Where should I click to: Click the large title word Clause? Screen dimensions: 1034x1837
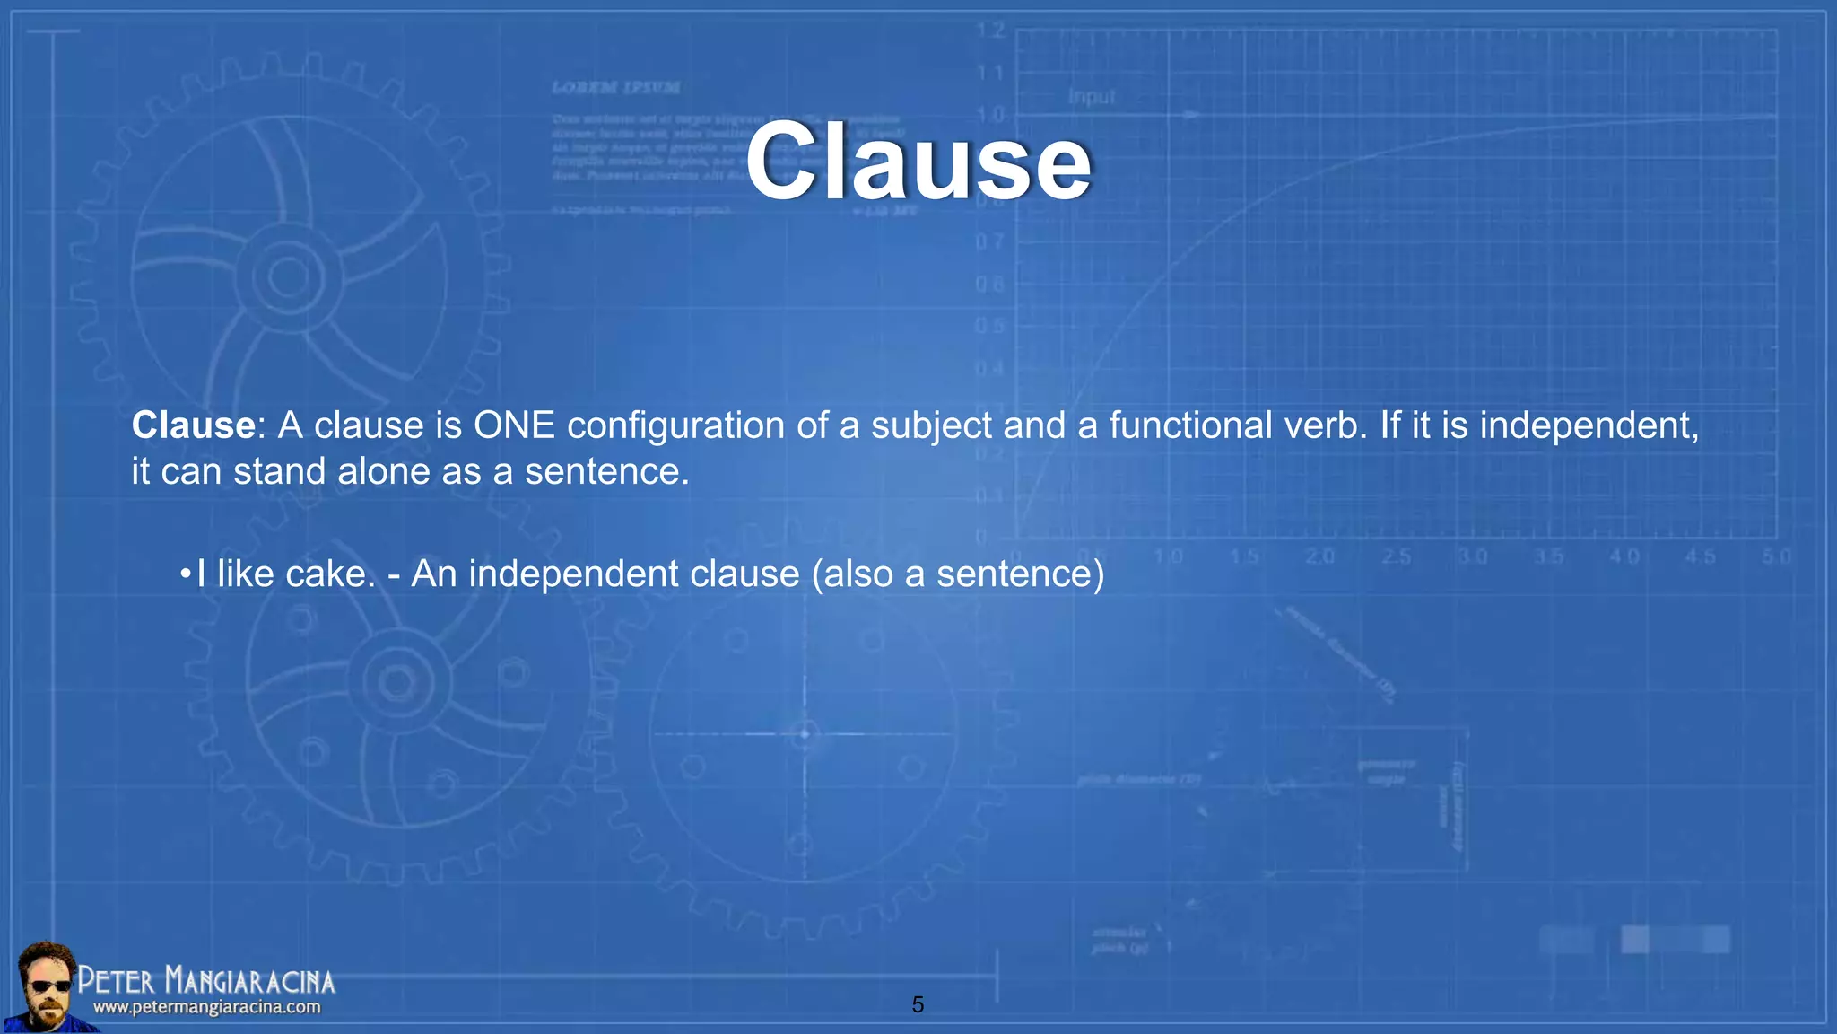[x=918, y=162]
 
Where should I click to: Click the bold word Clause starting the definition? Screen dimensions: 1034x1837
[x=194, y=425]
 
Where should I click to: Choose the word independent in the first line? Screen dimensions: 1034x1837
[x=1588, y=425]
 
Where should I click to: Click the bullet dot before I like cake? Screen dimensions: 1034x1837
[x=185, y=574]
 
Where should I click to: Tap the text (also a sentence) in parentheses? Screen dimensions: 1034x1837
[x=957, y=574]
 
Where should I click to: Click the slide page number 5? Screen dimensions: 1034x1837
[x=918, y=1005]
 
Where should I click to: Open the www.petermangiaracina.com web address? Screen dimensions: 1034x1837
[x=206, y=1008]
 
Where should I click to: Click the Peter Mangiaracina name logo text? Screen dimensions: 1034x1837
[x=206, y=981]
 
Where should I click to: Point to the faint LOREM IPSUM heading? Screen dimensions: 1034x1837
[x=615, y=88]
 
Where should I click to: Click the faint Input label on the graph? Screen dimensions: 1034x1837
[x=1092, y=97]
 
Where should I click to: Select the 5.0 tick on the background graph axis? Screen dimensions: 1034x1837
[x=1776, y=557]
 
